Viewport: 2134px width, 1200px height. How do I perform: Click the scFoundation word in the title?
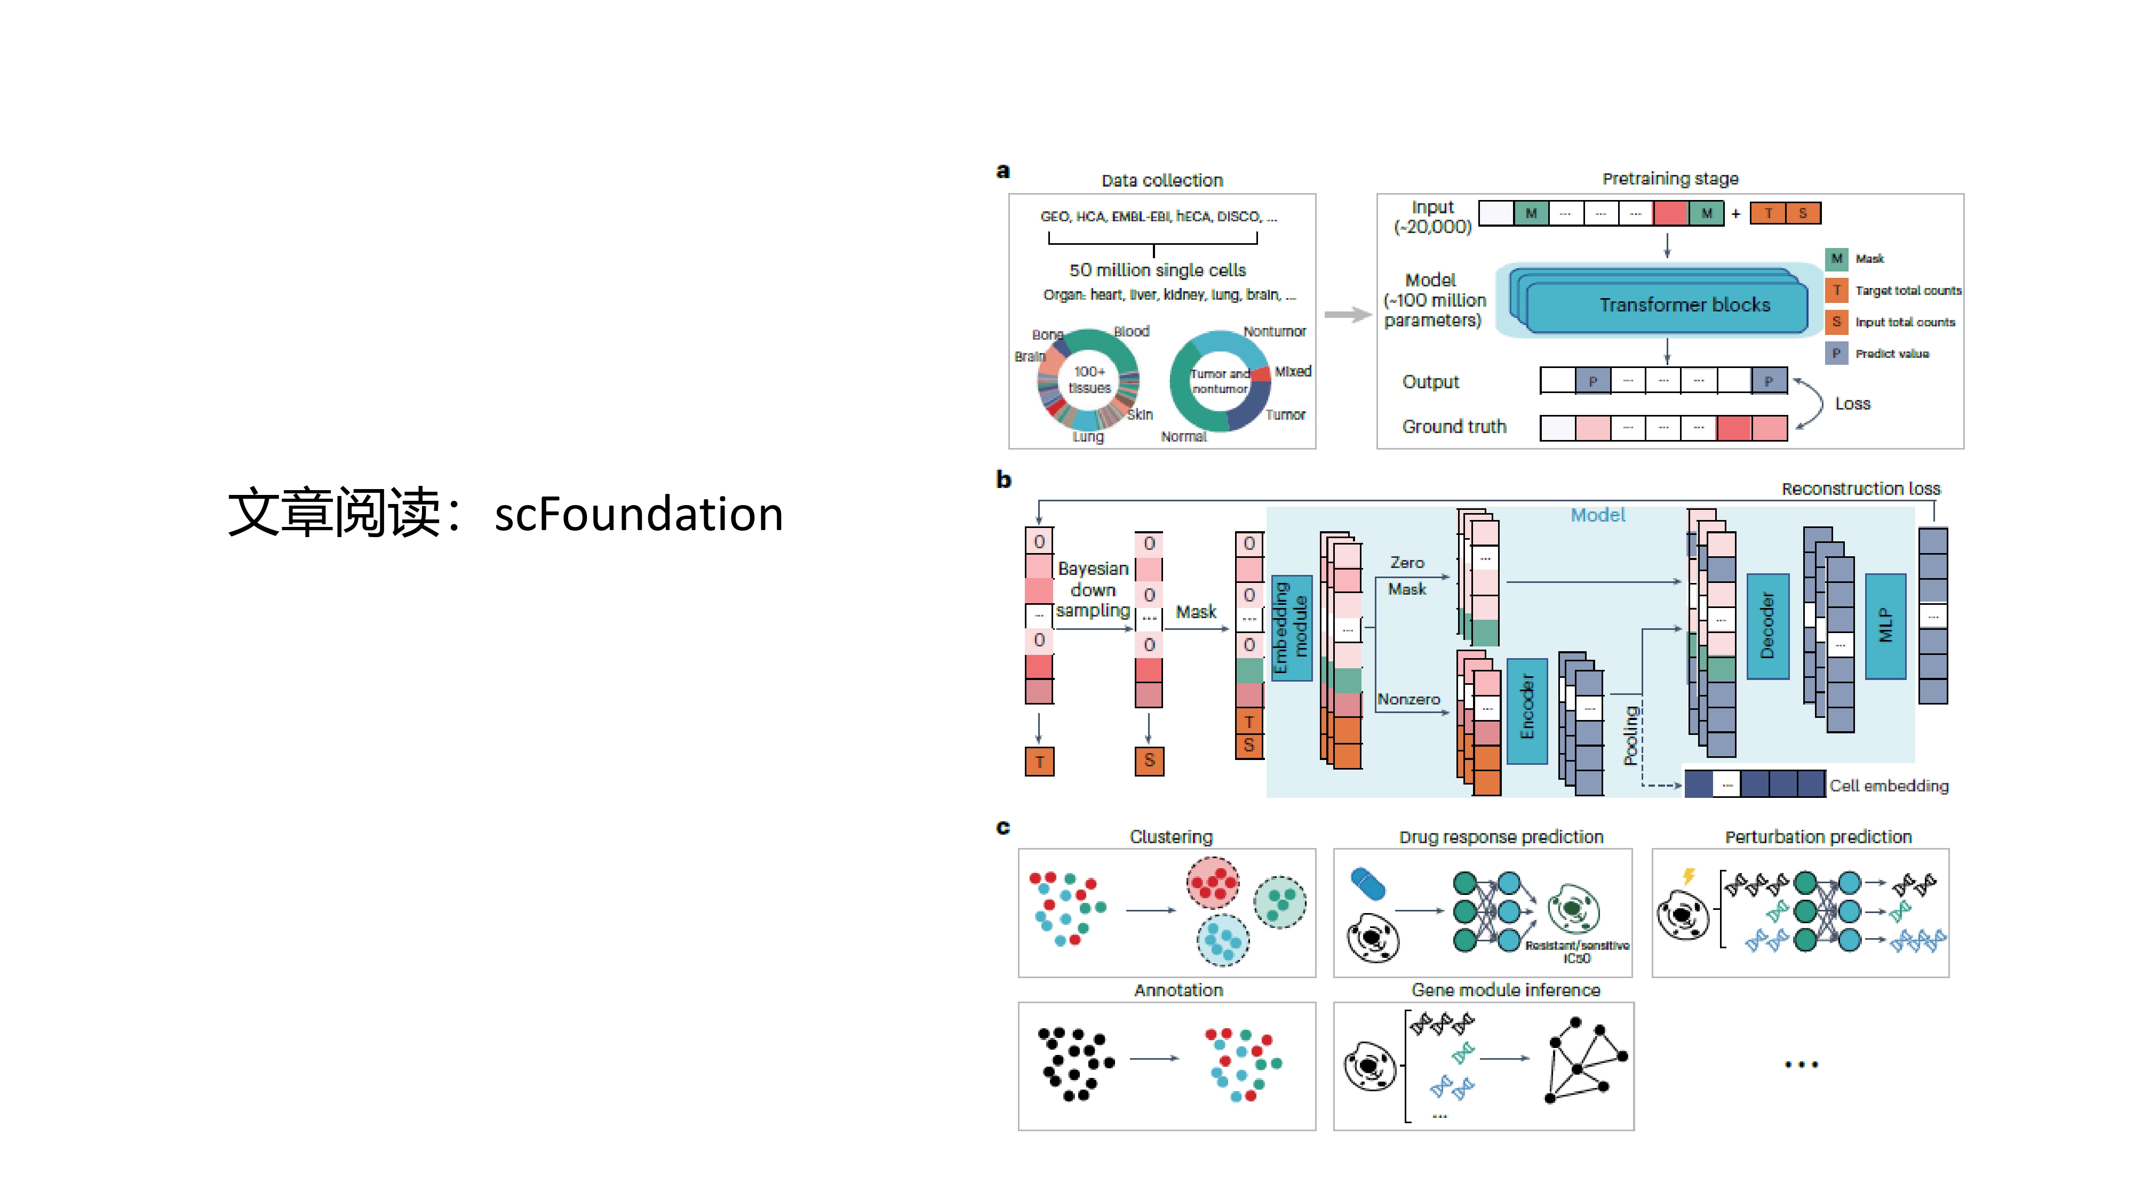coord(638,514)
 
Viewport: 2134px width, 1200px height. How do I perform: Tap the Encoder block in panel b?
coord(1527,709)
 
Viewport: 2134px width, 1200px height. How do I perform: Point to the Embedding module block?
coord(1291,627)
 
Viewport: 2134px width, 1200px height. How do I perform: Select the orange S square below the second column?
coord(1149,760)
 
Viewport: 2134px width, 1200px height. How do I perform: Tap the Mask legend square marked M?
coord(1837,258)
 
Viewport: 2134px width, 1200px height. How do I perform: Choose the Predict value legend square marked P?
coord(1837,354)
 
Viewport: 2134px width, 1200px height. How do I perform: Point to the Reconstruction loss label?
coord(1861,489)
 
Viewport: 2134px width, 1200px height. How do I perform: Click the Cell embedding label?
coord(1889,785)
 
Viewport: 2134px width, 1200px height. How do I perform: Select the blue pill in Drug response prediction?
coord(1368,883)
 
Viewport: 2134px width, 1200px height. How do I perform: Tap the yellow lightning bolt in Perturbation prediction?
coord(1689,876)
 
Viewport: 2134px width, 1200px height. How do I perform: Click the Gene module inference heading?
coord(1505,990)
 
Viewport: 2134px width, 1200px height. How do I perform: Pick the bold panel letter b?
coord(1003,479)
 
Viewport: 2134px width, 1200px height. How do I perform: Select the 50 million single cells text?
coord(1157,270)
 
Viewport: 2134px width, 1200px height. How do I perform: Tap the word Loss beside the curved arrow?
coord(1852,403)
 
